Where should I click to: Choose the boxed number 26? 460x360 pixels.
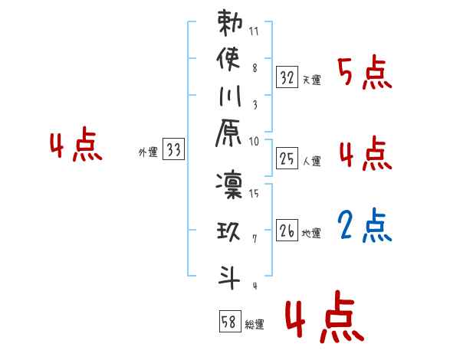coord(287,230)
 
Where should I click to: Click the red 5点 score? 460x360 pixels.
coord(365,74)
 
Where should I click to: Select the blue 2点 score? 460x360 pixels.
coord(365,227)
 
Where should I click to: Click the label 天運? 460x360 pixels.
coord(311,80)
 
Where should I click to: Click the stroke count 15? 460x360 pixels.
coord(254,195)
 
